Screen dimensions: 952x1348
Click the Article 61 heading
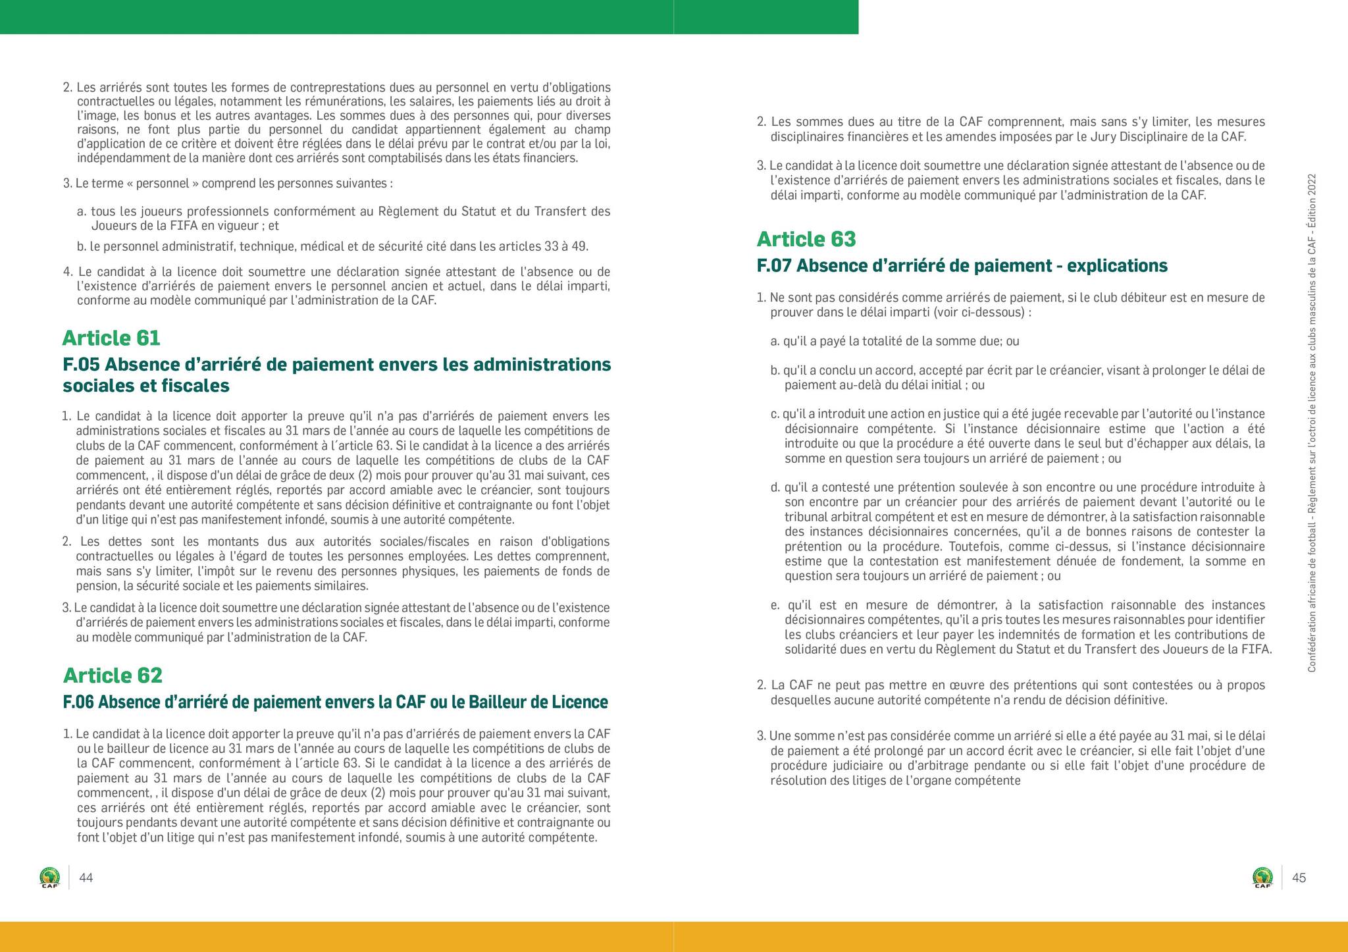click(111, 338)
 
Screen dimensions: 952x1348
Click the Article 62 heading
click(113, 675)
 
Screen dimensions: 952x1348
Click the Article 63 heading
click(806, 239)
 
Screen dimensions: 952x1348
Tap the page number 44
click(86, 878)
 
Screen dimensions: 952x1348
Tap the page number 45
click(1299, 878)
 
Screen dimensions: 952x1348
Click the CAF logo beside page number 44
click(49, 878)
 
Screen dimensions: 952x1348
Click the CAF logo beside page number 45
click(1262, 878)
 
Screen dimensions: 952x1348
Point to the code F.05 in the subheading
click(81, 365)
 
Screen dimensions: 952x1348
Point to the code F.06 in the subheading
click(78, 702)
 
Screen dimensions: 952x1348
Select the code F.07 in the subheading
click(775, 266)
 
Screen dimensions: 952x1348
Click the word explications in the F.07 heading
click(1117, 266)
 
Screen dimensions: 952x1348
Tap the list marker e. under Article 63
click(775, 605)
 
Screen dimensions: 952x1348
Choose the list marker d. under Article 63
click(775, 488)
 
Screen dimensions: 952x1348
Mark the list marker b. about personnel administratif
click(82, 247)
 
